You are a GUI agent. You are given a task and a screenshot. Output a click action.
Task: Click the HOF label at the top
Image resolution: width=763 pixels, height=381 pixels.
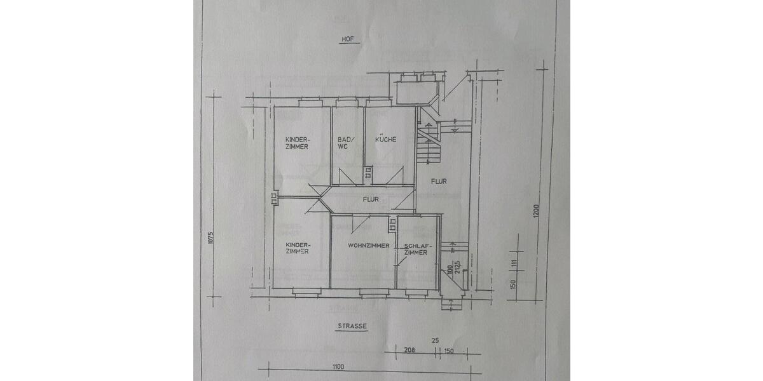click(347, 39)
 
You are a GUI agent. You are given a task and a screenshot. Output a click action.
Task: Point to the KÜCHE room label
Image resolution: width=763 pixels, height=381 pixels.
click(386, 139)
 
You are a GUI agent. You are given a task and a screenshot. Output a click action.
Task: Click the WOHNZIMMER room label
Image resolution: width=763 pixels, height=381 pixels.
click(368, 245)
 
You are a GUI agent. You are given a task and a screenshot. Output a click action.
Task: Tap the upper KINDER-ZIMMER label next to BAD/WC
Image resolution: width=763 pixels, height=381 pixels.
click(297, 143)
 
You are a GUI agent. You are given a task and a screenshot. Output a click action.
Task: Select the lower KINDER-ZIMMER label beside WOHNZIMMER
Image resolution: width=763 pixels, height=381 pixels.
click(297, 248)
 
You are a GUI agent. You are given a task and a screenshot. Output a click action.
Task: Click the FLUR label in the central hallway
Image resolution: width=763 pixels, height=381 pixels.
click(371, 199)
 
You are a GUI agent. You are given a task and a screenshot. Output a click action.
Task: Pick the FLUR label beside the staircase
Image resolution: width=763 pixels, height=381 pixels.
click(439, 182)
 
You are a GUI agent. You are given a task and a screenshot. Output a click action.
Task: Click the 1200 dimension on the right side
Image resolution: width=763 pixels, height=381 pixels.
click(536, 211)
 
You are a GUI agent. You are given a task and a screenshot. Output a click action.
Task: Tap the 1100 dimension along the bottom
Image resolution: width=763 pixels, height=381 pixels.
click(338, 366)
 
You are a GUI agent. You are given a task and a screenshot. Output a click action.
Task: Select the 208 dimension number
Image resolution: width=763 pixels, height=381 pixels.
click(409, 350)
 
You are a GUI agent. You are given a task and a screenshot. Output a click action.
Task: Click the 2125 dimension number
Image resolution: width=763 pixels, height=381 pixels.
click(456, 266)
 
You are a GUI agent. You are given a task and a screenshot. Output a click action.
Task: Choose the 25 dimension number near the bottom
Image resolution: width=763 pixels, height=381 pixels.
click(436, 341)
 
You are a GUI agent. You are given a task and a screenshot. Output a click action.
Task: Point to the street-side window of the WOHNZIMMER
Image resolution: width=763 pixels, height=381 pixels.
click(374, 292)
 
